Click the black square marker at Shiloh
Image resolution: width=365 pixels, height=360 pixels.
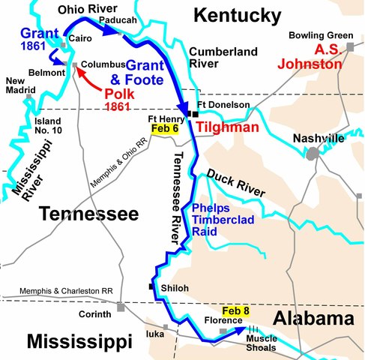[x=151, y=286]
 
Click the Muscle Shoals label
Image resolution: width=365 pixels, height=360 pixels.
[x=262, y=343]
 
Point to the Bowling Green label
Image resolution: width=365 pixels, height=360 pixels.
[x=318, y=35]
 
